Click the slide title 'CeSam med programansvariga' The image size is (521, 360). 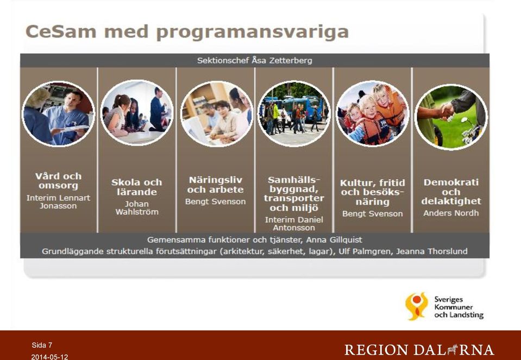coord(187,32)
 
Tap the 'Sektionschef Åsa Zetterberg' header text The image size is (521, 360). coord(254,60)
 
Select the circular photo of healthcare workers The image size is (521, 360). coord(59,113)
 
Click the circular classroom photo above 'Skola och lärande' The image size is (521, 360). coord(137,112)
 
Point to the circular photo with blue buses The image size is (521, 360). coord(294,113)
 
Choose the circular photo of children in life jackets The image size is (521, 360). coord(373,113)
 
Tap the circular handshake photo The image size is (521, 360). coord(451,117)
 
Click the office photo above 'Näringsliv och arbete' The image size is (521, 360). coord(216,113)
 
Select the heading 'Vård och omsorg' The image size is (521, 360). coord(59,181)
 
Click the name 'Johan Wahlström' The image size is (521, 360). coord(137,208)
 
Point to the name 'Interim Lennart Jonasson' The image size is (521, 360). coord(59,201)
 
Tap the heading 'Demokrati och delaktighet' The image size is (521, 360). coord(451,192)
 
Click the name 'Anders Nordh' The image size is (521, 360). coord(451,213)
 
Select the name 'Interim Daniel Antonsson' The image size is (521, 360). coord(294,224)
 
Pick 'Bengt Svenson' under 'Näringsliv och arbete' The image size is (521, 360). coord(215,201)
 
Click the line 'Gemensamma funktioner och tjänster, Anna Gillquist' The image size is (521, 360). coord(254,240)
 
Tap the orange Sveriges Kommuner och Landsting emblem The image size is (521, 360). coord(417,306)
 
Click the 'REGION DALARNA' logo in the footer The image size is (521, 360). coord(419,350)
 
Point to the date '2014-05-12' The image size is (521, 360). coord(49,357)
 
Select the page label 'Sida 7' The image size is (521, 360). coord(42,345)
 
